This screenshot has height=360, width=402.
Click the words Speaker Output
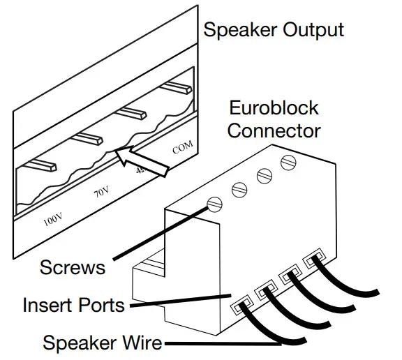(x=273, y=29)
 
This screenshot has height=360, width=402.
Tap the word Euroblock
(x=274, y=108)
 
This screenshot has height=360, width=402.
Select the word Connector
(x=274, y=130)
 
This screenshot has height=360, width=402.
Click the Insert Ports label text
(x=73, y=305)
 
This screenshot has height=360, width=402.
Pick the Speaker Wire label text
(x=103, y=343)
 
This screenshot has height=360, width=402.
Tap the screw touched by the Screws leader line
(x=215, y=204)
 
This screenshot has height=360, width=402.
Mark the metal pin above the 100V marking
(x=41, y=165)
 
